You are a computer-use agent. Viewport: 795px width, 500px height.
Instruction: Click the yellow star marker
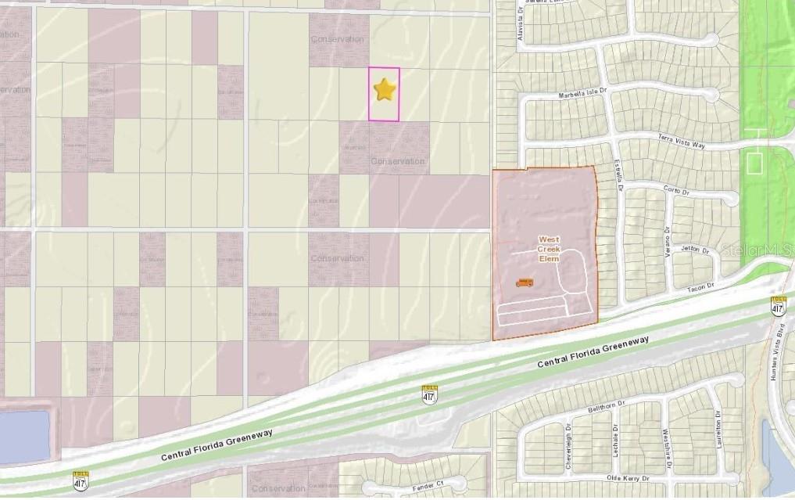pyautogui.click(x=385, y=91)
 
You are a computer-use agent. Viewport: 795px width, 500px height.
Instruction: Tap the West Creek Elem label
pyautogui.click(x=550, y=247)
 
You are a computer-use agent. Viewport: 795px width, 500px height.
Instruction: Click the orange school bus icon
pyautogui.click(x=525, y=282)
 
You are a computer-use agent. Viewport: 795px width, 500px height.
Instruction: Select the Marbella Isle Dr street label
pyautogui.click(x=582, y=93)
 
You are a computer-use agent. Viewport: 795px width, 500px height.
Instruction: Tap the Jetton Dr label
pyautogui.click(x=694, y=250)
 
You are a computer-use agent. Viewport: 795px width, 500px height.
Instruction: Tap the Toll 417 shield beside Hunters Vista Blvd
pyautogui.click(x=778, y=305)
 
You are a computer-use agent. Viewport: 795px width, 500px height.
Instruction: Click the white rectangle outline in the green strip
pyautogui.click(x=754, y=163)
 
